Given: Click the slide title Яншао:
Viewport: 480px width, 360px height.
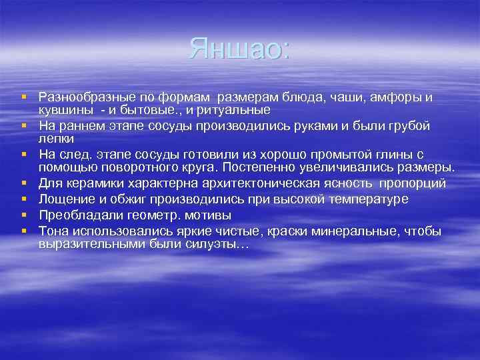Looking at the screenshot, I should coord(239,49).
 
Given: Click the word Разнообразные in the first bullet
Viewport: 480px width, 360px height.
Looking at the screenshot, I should coord(83,98).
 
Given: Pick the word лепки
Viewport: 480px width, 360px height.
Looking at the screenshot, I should coord(56,138).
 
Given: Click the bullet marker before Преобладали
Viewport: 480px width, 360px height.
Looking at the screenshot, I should coord(24,215).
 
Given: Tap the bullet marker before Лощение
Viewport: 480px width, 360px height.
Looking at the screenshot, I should coord(24,199).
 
